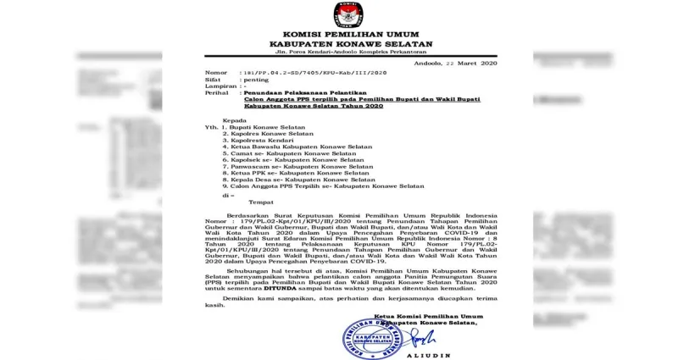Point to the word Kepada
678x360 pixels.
pos(234,121)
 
